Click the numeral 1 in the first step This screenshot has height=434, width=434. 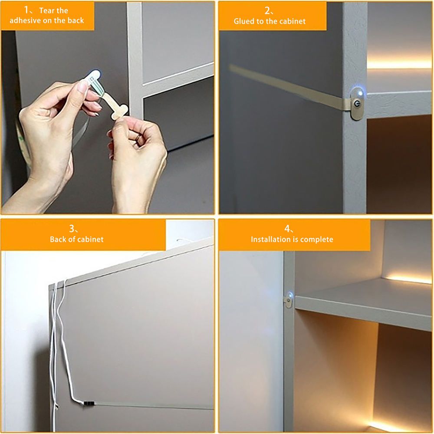pos(26,10)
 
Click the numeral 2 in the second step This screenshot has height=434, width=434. pos(267,10)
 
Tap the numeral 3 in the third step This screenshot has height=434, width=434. pos(72,229)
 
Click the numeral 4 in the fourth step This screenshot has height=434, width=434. pos(287,229)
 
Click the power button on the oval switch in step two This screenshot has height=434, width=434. pos(357,104)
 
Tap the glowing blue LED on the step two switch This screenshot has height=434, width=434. pos(360,93)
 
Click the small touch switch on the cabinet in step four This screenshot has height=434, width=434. pos(288,299)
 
